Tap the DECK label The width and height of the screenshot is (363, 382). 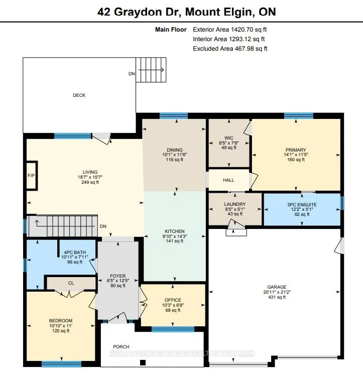tap(79, 95)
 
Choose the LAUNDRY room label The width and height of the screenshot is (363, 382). tap(235, 204)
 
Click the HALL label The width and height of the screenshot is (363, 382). tap(228, 180)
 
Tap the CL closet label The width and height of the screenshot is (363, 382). tap(71, 283)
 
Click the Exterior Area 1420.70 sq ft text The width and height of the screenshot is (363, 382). tap(230, 30)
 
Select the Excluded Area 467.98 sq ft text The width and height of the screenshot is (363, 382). tap(230, 49)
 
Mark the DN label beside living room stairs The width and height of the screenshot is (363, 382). tap(103, 226)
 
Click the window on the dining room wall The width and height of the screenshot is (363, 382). tap(174, 116)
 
